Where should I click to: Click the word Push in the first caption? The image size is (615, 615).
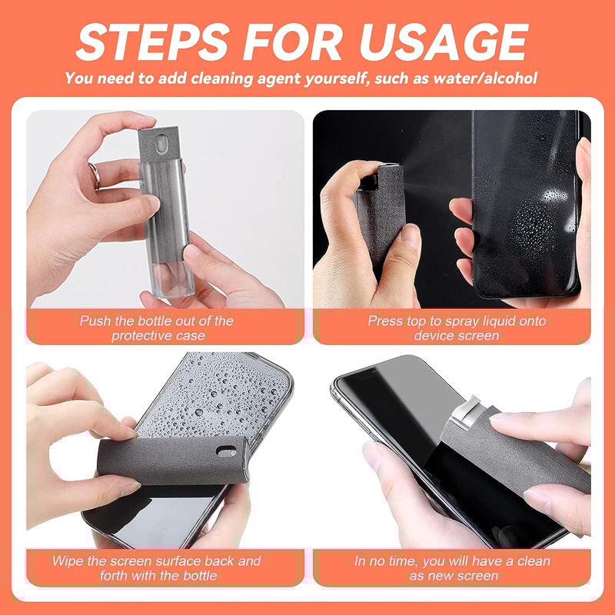click(x=95, y=321)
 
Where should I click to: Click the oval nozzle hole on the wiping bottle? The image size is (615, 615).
click(x=224, y=450)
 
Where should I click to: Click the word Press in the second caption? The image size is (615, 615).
click(x=385, y=321)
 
